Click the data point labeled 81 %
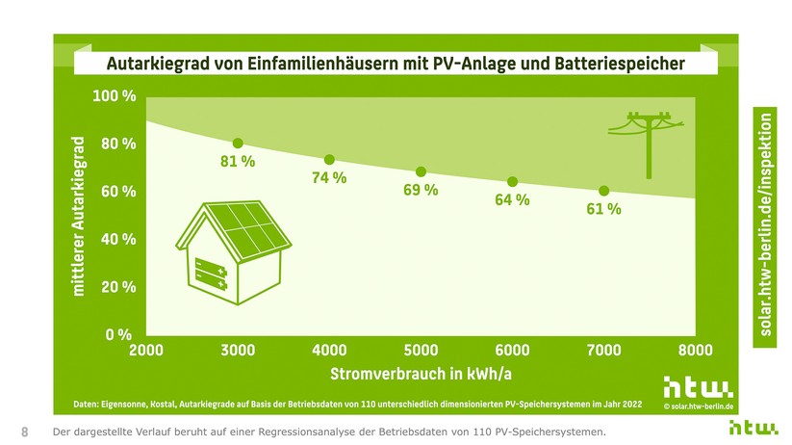point(238,144)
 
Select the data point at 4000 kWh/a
point(329,160)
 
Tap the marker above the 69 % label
point(421,172)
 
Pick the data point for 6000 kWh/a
point(512,182)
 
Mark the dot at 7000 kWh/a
point(603,191)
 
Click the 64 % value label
point(512,200)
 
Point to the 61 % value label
point(603,209)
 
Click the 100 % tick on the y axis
point(114,96)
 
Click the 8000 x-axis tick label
point(695,351)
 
